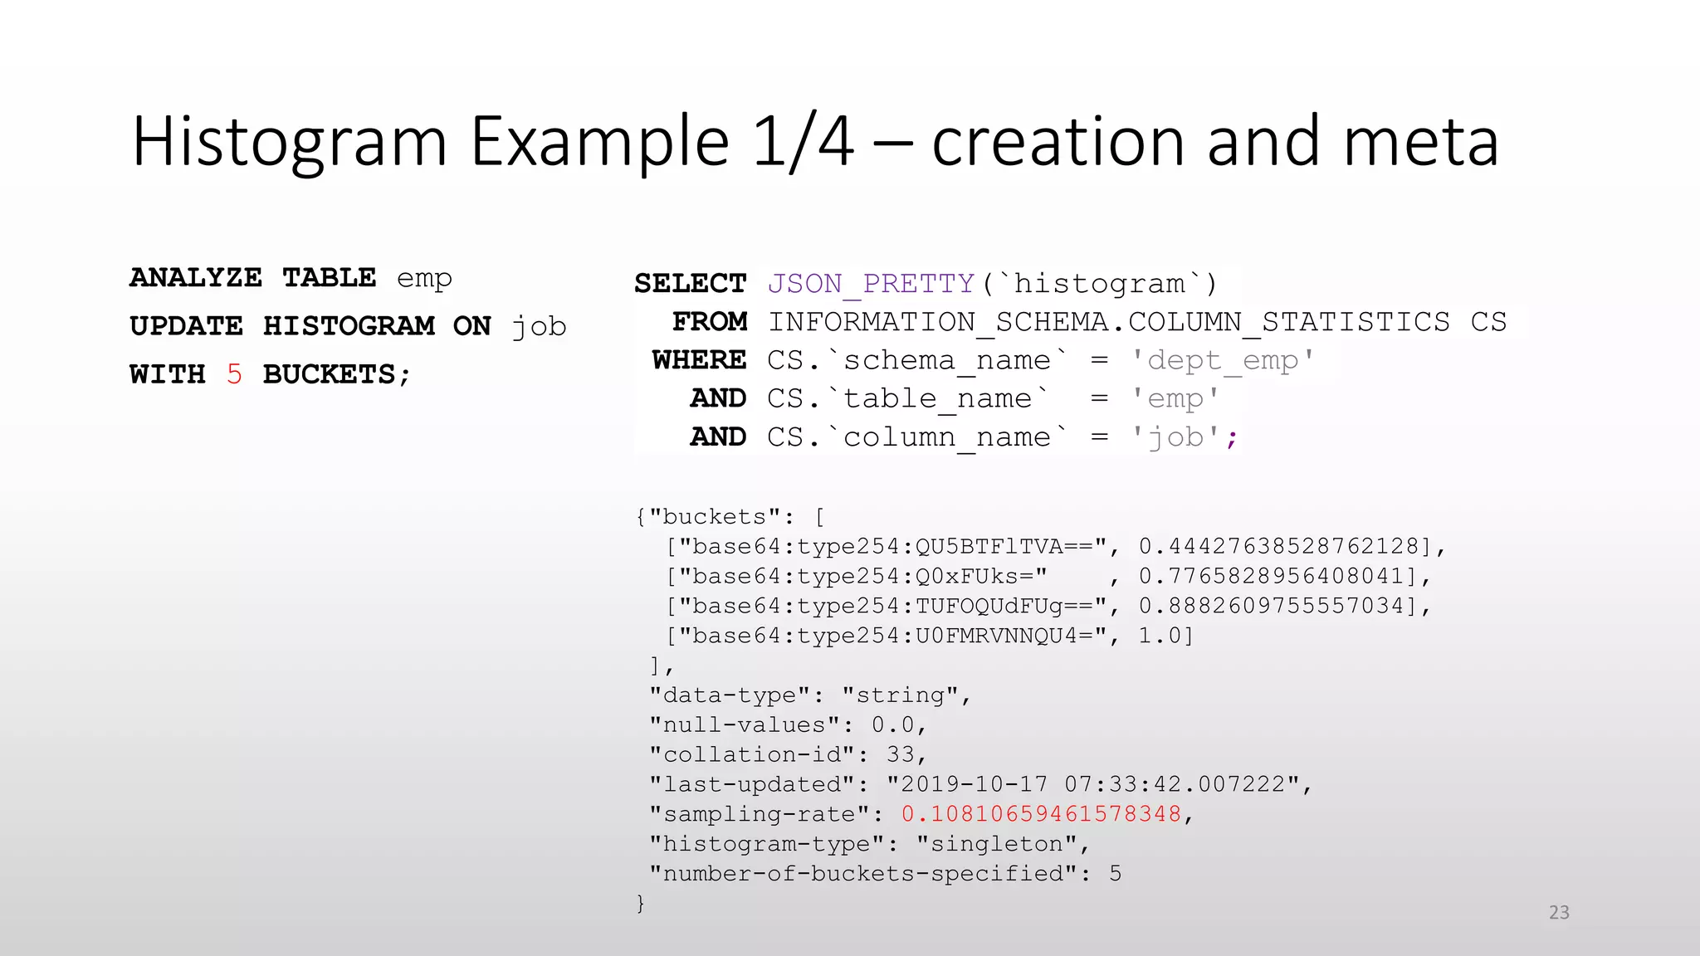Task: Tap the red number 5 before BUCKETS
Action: click(234, 374)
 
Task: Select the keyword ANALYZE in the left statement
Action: click(196, 277)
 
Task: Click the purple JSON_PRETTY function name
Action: click(870, 284)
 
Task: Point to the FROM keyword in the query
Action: click(710, 322)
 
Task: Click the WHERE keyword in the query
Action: click(699, 360)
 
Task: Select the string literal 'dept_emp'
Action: click(1222, 360)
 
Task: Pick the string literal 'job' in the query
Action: click(1176, 437)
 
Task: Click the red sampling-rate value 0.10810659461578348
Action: click(1041, 814)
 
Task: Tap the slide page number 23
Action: click(1559, 913)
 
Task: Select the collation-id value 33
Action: click(901, 754)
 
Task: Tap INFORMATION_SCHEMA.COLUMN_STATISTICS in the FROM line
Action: click(1108, 322)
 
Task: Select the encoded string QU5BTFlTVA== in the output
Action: click(1004, 546)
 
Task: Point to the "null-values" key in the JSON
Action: click(745, 725)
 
